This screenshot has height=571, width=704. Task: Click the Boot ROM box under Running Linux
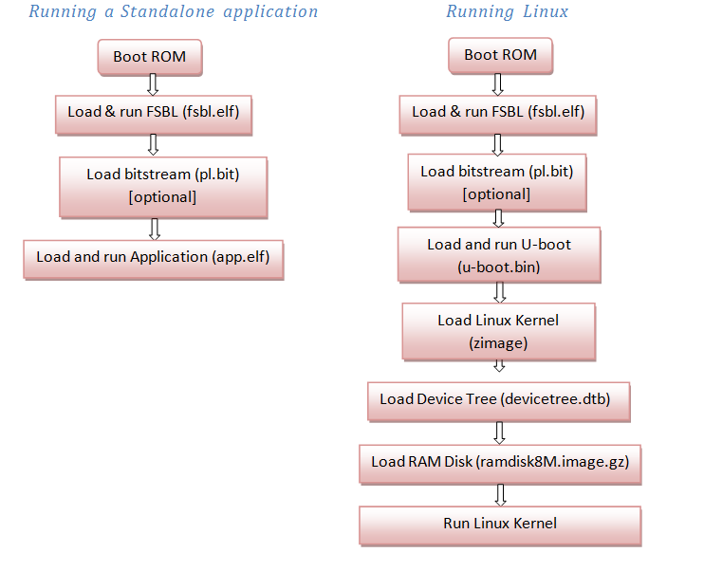point(500,56)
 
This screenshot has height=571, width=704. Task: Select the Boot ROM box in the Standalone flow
point(150,58)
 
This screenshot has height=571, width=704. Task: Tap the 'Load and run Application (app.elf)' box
point(154,260)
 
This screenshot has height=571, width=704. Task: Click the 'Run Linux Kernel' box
point(500,526)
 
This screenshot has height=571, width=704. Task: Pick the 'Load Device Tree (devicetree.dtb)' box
point(499,402)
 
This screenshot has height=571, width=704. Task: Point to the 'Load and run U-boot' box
point(499,255)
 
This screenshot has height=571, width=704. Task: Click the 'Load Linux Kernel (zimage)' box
point(499,332)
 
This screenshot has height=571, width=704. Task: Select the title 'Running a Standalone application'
point(174,11)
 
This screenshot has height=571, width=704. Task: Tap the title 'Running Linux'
point(508,11)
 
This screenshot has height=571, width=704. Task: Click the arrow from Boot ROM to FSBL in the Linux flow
point(497,84)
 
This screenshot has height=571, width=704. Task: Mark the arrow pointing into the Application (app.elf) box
point(155,229)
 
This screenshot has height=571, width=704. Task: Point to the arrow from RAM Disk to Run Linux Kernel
point(500,495)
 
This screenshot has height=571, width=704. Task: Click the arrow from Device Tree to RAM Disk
point(499,433)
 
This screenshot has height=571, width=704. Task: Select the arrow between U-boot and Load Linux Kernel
point(500,293)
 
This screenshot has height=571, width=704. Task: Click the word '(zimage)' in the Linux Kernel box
point(498,343)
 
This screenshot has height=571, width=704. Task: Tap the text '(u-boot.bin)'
point(499,267)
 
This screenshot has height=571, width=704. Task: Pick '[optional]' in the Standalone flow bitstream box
point(162,197)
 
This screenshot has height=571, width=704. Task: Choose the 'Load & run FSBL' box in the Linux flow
point(498,115)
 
